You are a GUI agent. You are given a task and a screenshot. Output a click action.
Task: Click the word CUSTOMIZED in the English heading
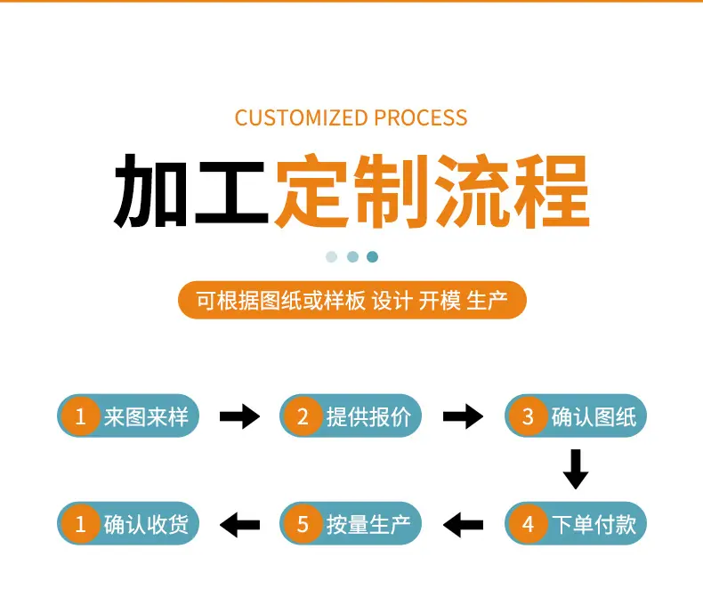(x=302, y=117)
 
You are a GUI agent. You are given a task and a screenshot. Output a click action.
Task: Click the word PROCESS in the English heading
(x=421, y=117)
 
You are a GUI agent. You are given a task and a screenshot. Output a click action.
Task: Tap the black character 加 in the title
(x=150, y=191)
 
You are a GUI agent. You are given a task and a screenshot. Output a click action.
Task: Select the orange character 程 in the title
(x=551, y=191)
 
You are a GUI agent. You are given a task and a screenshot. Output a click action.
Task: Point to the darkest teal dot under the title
(x=372, y=257)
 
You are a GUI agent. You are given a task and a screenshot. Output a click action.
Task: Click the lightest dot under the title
(x=331, y=257)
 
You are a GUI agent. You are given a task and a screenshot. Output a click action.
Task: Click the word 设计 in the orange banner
(x=392, y=300)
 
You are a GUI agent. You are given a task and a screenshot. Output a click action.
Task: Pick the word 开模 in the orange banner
(x=440, y=300)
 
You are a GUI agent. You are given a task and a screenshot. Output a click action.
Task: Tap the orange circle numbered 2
(x=303, y=416)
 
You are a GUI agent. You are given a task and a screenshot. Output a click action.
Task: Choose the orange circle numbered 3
(x=528, y=416)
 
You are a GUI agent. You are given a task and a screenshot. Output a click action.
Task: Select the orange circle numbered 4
(x=528, y=524)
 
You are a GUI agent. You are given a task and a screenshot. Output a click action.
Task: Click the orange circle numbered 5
(x=303, y=524)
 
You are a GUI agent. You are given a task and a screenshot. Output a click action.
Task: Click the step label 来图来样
(x=146, y=416)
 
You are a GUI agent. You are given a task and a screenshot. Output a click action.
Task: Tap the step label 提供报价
(x=368, y=416)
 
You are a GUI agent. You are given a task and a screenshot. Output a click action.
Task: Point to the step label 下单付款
(x=594, y=524)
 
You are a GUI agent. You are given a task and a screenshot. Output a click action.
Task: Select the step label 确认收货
(x=146, y=524)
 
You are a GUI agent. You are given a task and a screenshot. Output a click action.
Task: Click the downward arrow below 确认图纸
(x=576, y=469)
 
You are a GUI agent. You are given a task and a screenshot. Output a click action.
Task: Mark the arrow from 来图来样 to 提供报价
(x=239, y=416)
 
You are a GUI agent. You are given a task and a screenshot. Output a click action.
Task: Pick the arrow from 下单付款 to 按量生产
(x=463, y=525)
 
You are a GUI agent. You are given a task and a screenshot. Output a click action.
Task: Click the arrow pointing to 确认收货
(x=239, y=525)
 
